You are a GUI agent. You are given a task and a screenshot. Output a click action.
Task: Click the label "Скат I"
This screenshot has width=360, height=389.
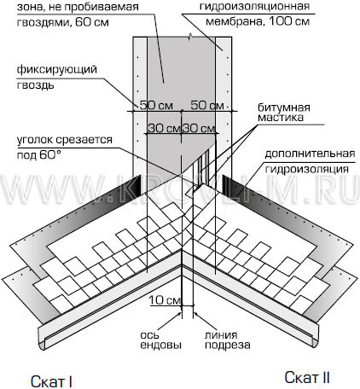[51, 381]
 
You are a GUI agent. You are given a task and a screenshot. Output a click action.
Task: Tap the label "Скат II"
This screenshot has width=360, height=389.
[307, 378]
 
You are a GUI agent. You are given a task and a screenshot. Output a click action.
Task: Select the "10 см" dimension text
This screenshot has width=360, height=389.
[165, 299]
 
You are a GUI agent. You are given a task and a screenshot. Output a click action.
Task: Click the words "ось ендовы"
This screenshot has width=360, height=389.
[161, 340]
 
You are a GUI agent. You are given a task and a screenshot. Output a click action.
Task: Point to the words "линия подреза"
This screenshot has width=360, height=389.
[228, 340]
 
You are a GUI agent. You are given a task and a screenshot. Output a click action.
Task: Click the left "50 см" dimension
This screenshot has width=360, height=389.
[156, 105]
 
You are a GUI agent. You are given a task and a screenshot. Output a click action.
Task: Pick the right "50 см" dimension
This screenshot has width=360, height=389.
[207, 105]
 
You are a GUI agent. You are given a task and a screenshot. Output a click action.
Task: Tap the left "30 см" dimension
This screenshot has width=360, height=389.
[165, 128]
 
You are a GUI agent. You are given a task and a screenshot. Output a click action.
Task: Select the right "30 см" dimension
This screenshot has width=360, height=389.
[199, 128]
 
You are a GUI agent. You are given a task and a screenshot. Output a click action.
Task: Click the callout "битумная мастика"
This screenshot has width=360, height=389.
[284, 113]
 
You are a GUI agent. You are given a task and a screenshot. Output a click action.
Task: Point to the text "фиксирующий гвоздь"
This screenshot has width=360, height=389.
[57, 77]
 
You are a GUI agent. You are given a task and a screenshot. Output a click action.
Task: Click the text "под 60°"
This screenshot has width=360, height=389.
[39, 155]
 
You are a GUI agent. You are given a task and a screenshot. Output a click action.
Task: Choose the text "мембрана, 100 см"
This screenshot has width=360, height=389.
[258, 21]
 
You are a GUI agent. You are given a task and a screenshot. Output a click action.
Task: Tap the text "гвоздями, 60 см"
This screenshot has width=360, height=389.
[63, 22]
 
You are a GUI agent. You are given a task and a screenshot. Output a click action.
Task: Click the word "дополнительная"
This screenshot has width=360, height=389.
[310, 154]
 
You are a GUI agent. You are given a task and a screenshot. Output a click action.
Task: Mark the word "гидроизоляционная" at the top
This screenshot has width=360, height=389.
[254, 6]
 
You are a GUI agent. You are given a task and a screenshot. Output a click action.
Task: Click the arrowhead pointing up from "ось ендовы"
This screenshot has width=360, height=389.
[180, 314]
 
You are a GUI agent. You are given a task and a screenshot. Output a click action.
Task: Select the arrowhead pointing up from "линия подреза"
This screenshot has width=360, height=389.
[195, 314]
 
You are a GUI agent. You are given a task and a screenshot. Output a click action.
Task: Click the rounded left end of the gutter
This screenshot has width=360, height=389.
[42, 339]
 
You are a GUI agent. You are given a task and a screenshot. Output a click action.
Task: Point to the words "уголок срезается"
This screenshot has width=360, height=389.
[65, 140]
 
